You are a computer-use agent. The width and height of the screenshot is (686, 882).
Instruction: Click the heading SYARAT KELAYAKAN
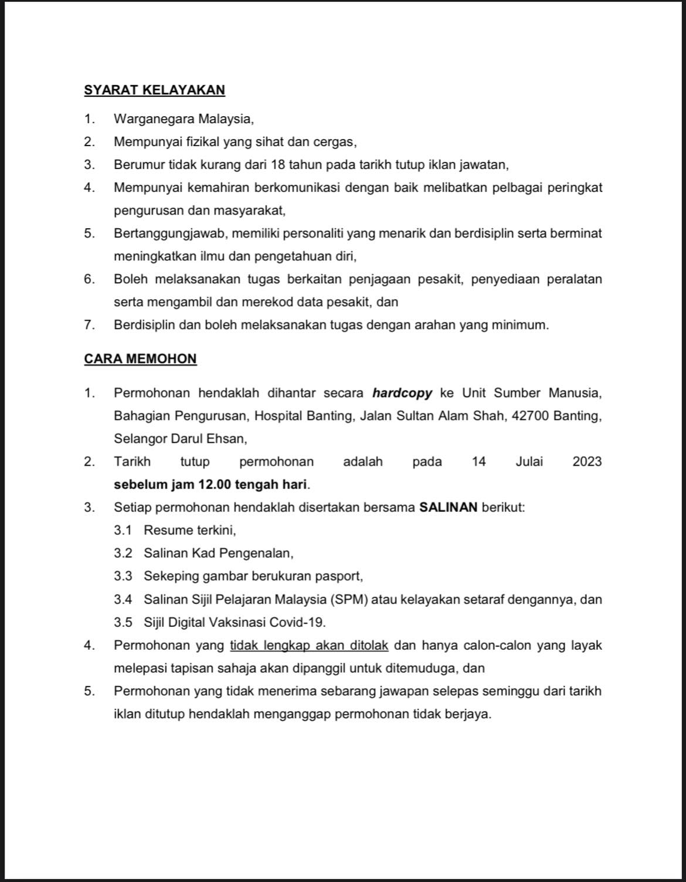154,90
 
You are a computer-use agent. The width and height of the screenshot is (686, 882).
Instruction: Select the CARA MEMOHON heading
140,358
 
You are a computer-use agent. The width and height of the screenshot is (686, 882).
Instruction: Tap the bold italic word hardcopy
402,393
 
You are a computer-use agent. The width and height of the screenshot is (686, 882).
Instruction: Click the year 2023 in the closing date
587,462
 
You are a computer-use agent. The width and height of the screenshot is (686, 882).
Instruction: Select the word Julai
529,462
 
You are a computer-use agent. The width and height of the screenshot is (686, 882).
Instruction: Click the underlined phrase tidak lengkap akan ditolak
309,646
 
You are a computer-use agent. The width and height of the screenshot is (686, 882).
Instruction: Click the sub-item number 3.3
123,576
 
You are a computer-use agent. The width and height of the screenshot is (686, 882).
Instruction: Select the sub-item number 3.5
123,622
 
